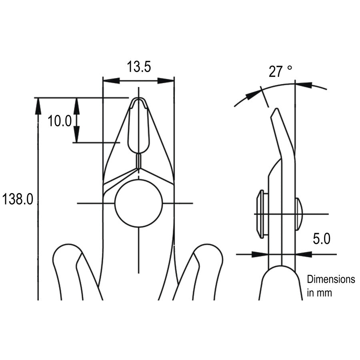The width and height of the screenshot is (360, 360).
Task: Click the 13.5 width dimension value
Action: click(139, 67)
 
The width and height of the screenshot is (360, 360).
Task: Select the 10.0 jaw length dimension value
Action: click(60, 120)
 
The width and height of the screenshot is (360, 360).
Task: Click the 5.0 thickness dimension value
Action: click(321, 239)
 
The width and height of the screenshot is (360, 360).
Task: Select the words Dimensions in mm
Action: click(330, 286)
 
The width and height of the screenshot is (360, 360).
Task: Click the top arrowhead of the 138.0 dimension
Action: click(38, 106)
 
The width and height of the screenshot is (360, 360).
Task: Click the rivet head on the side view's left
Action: click(260, 214)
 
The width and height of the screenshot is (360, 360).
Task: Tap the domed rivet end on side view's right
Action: click(299, 214)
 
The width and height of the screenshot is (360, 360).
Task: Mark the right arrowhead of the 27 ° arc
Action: click(304, 85)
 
